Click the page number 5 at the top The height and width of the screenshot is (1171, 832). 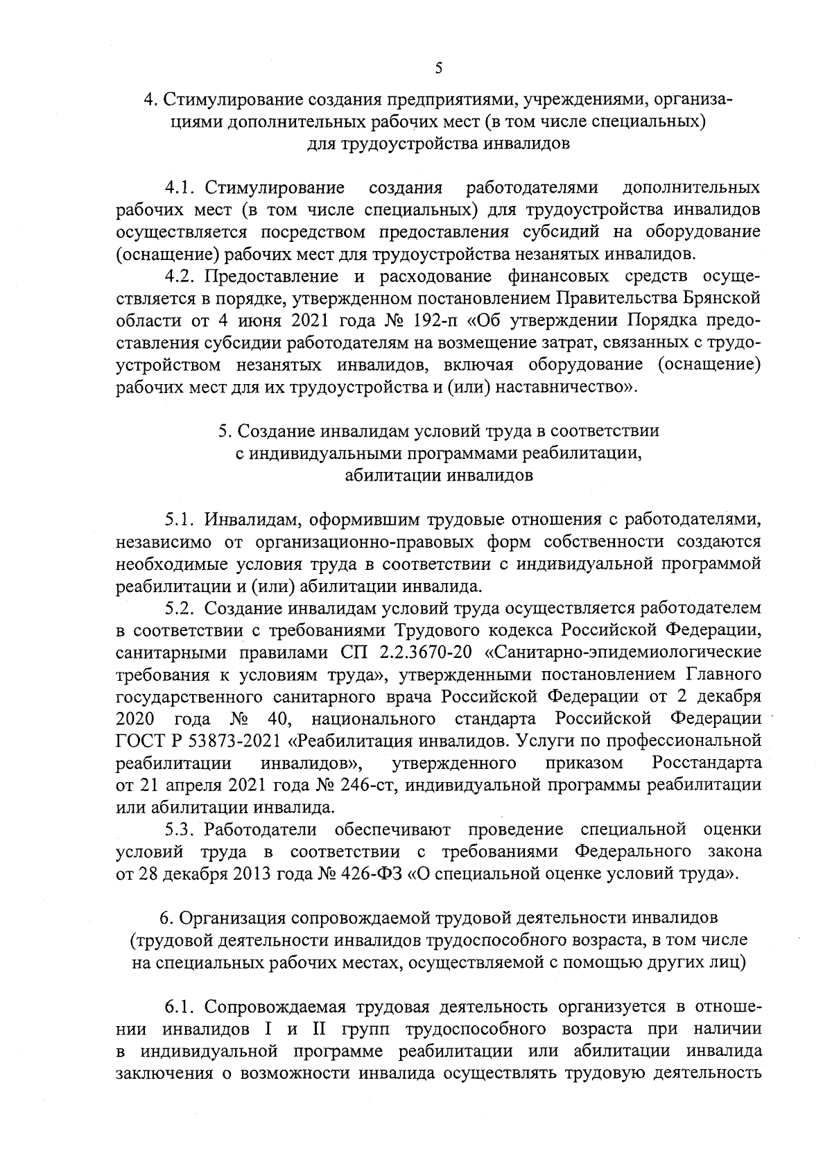[437, 68]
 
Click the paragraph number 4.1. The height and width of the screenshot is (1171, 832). [182, 188]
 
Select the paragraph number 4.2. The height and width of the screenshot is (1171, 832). [182, 277]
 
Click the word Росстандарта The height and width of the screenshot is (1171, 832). [706, 763]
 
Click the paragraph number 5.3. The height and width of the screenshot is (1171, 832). [182, 830]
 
